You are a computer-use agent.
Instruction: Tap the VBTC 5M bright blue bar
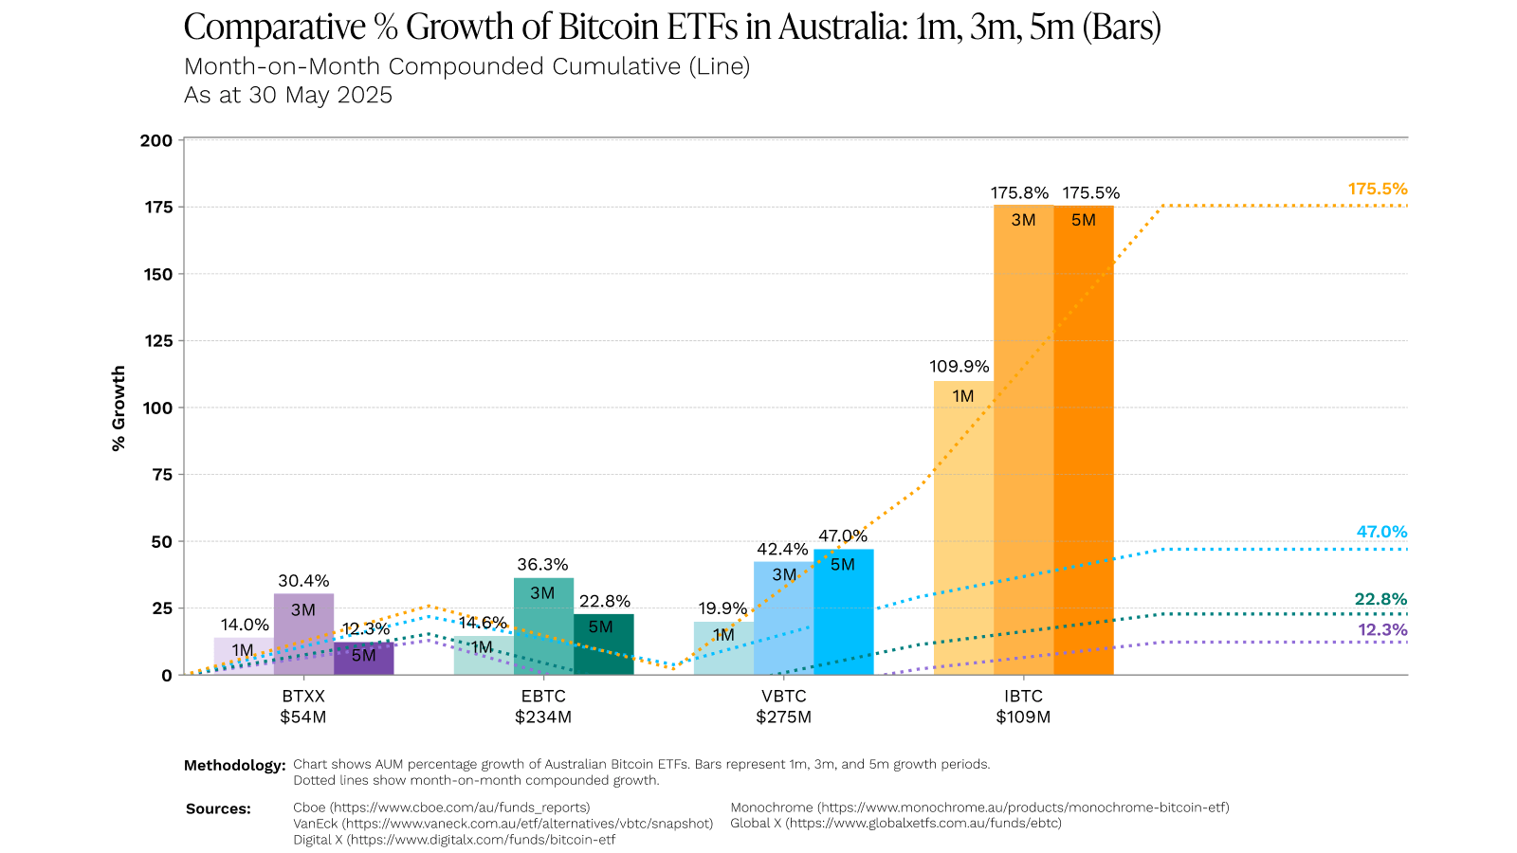(843, 616)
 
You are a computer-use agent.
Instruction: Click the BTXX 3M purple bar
(303, 635)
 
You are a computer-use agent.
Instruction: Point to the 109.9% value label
(960, 367)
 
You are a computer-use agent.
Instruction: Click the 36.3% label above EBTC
(542, 565)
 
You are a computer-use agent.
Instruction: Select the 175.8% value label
(1019, 193)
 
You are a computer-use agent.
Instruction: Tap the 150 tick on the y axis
(158, 275)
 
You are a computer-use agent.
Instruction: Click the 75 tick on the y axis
(162, 475)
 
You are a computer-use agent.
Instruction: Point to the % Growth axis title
(119, 408)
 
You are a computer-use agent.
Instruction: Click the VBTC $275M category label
(783, 707)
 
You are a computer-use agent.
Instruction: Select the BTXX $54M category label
(302, 707)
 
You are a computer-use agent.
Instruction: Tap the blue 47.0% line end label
(1381, 533)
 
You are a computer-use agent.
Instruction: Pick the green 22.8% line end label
(1380, 600)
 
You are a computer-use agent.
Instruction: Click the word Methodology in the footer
(234, 766)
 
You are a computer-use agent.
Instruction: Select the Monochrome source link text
(979, 808)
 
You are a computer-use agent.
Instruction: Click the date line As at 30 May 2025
(288, 96)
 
